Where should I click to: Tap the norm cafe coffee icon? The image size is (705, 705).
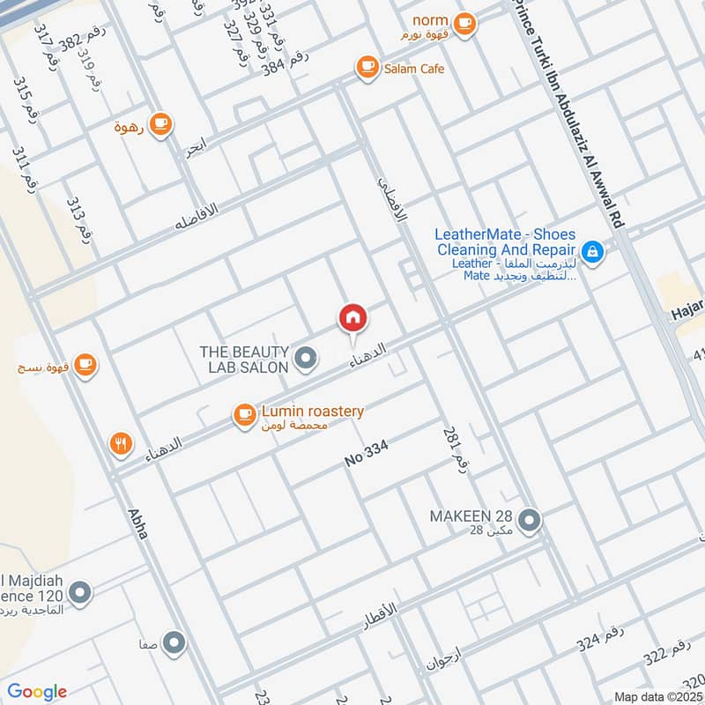coord(465,25)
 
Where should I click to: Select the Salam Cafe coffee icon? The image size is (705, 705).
coord(367,67)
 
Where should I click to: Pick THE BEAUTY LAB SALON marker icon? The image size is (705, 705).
coord(306,358)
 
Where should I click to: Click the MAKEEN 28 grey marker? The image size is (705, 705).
coord(529,522)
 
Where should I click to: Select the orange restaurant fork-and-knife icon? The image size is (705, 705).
coord(122,444)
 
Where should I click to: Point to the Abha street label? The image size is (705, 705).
coord(137,523)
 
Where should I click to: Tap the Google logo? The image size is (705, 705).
coord(37,692)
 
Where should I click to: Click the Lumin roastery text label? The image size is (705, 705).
coord(313,412)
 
